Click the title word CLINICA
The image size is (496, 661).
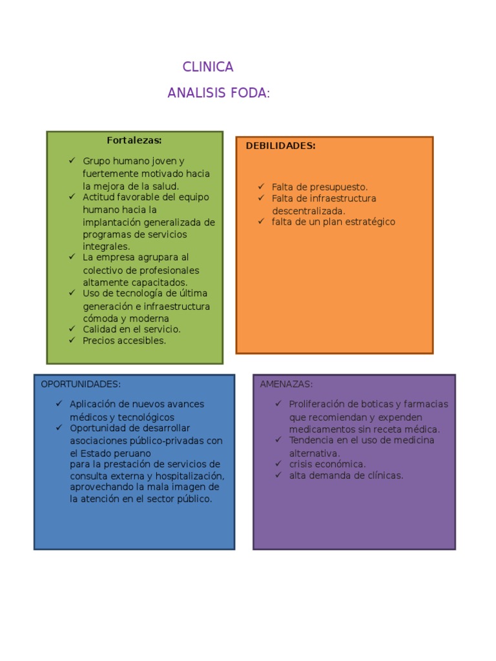coord(208,67)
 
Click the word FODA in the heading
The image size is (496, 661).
coord(248,93)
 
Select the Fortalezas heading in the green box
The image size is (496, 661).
coord(134,140)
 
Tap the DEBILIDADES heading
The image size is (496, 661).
coord(280,146)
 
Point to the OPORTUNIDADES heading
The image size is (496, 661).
coord(81,384)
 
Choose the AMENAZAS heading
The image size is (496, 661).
coord(286,384)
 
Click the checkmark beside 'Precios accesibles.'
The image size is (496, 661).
coord(73,340)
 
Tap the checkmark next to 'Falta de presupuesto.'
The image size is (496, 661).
coord(262,187)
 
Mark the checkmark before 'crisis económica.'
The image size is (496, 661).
coord(278,463)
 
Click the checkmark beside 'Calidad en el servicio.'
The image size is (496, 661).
coord(73,329)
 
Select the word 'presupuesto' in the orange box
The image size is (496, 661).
coord(340,187)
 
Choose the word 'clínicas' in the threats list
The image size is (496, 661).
coord(383,476)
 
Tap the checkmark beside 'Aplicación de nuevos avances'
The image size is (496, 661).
coord(59,404)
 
